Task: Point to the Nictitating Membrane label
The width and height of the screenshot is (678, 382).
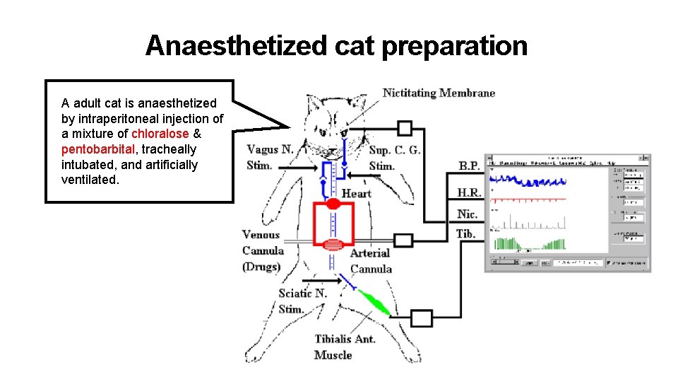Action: click(x=439, y=93)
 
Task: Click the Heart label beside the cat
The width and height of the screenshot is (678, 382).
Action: click(x=356, y=193)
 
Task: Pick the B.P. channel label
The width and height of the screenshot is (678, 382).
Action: click(x=468, y=166)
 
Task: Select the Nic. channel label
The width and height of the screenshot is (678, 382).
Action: click(x=467, y=214)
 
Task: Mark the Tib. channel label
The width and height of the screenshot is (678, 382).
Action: click(x=465, y=233)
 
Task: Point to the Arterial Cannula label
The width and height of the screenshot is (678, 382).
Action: click(x=370, y=260)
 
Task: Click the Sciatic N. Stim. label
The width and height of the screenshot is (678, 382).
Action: click(x=302, y=301)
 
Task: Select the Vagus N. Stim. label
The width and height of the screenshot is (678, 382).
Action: click(x=270, y=157)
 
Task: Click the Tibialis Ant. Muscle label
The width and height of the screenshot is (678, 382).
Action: click(x=345, y=347)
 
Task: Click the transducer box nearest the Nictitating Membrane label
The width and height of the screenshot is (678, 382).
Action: click(x=404, y=128)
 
